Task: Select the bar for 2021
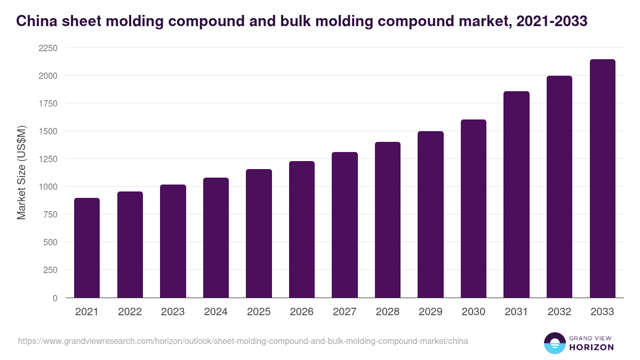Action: point(87,248)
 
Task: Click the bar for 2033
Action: point(603,179)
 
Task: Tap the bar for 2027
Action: point(345,225)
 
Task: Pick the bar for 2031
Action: point(516,195)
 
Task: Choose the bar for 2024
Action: point(215,238)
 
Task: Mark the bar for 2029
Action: point(430,214)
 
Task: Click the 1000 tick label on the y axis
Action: point(47,187)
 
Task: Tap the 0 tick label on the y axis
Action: point(54,298)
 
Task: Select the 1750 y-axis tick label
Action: point(47,103)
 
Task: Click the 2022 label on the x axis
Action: point(130,312)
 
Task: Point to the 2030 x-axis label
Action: point(474,312)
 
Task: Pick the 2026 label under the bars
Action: point(302,312)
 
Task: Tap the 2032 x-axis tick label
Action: point(559,312)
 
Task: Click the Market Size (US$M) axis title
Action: point(21,172)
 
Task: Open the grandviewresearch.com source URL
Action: point(243,341)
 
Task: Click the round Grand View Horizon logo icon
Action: point(554,343)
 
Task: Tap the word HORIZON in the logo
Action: point(593,347)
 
